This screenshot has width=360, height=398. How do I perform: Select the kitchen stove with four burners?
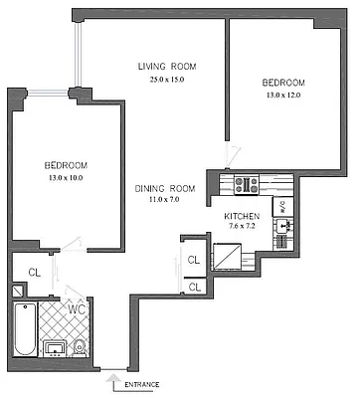(x=245, y=184)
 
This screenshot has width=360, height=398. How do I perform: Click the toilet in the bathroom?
(x=78, y=346)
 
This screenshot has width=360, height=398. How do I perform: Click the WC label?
(x=75, y=310)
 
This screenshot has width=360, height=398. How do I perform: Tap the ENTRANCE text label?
(x=142, y=381)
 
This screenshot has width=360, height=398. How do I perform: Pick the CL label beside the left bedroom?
(x=33, y=270)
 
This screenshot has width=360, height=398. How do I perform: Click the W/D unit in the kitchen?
(x=282, y=208)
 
